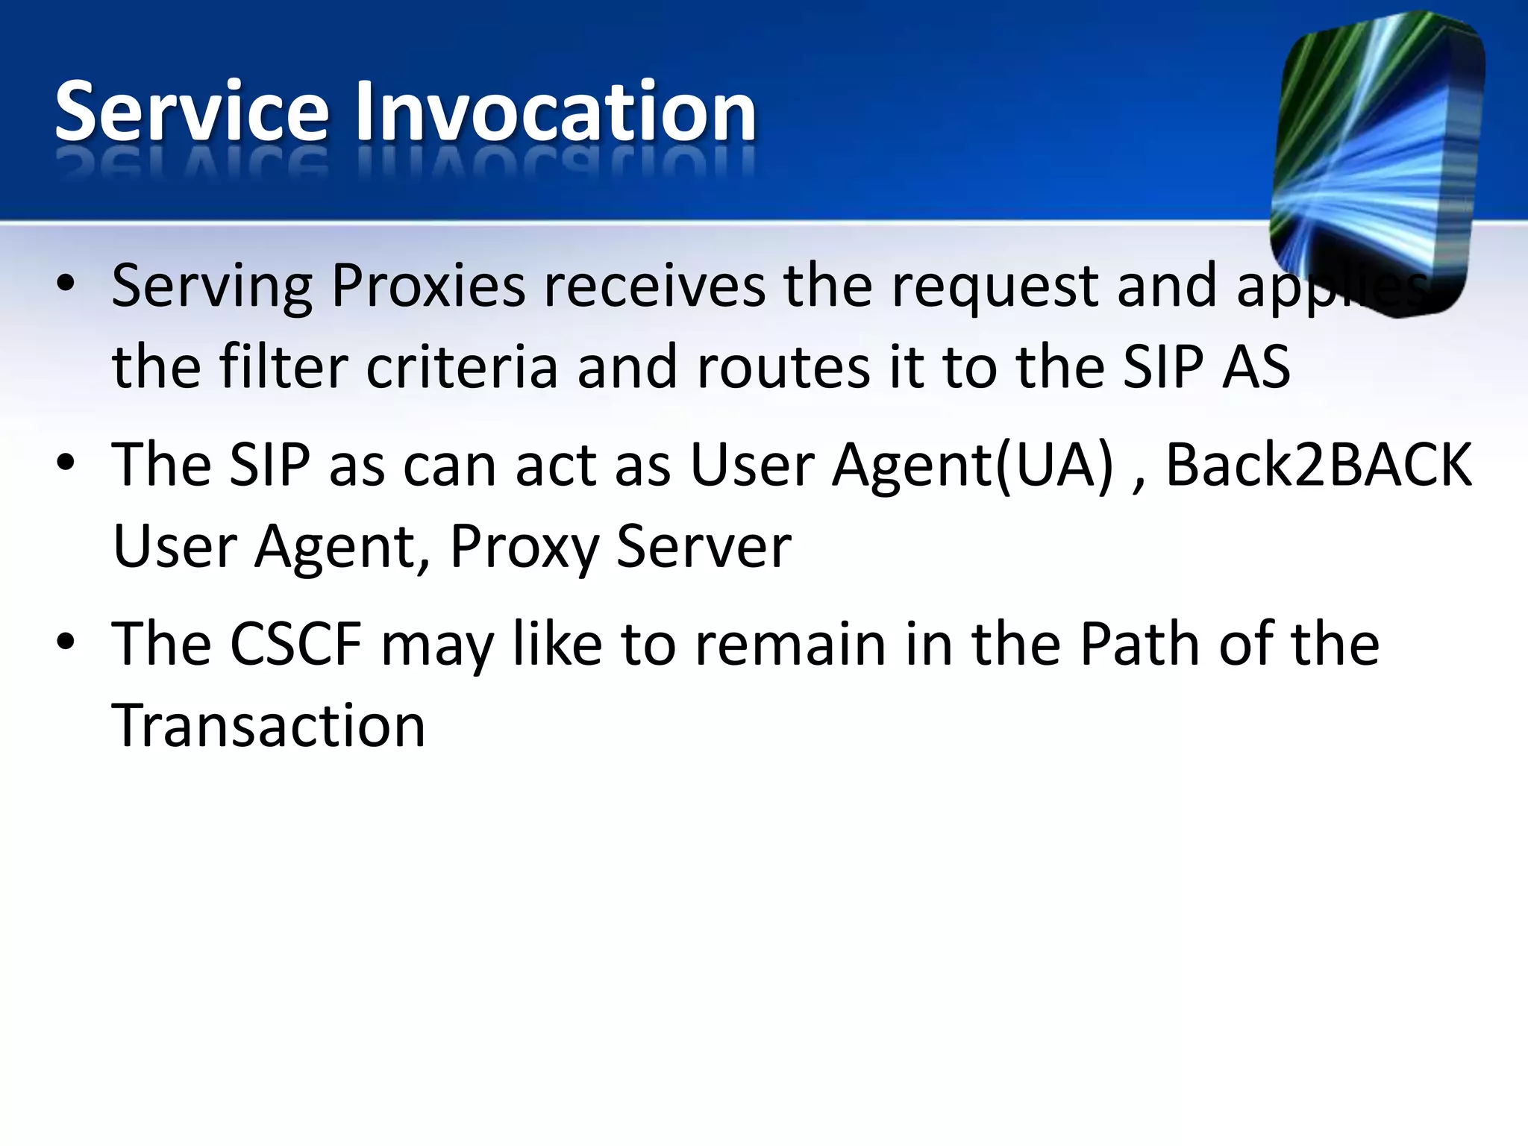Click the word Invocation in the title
[x=555, y=112]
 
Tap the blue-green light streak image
[x=1377, y=160]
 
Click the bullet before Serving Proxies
[x=66, y=284]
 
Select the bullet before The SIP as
[x=66, y=463]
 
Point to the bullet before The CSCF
[x=66, y=642]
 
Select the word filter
[x=284, y=367]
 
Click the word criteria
[x=462, y=367]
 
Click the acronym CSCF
[x=295, y=644]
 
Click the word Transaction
[x=269, y=726]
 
